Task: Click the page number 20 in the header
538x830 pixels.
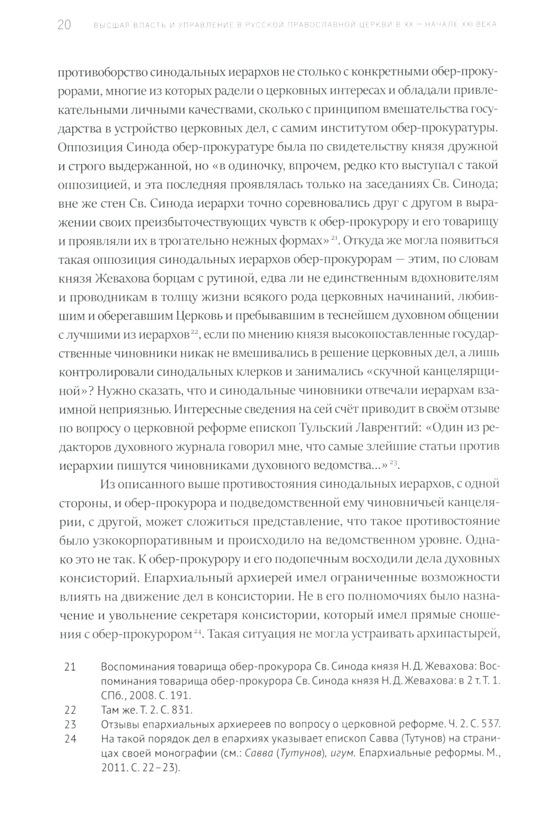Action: click(64, 25)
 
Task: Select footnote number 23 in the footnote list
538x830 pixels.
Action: click(70, 723)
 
